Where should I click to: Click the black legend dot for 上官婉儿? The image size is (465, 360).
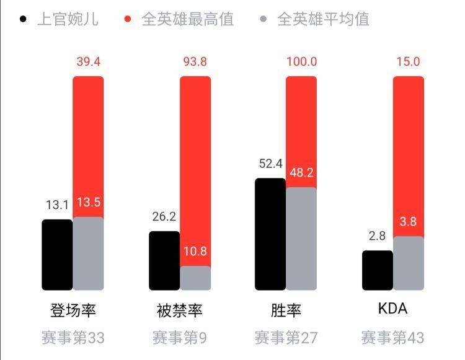[x=23, y=19]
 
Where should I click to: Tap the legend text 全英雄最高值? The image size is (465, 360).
[x=187, y=19]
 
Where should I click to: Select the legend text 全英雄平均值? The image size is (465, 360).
[x=323, y=19]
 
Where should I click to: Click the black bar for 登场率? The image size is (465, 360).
[x=57, y=255]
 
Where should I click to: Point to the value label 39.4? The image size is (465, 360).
[x=89, y=61]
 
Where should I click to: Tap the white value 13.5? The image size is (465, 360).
[x=89, y=203]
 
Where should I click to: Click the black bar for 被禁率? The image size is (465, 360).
[x=164, y=261]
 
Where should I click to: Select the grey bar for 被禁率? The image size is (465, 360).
[x=195, y=278]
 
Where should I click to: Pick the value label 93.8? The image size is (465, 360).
[x=195, y=61]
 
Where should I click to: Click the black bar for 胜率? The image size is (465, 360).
[x=270, y=234]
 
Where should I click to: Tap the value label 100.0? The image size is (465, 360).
[x=301, y=61]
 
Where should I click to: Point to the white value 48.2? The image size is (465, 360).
[x=301, y=172]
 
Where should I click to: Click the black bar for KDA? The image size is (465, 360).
[x=378, y=270]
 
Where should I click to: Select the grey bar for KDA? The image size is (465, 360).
[x=409, y=263]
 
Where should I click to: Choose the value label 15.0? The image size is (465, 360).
[x=409, y=61]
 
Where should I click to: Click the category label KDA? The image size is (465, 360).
[x=392, y=309]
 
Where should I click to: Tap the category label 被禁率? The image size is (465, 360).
[x=179, y=310]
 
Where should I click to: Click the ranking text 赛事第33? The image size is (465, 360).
[x=73, y=338]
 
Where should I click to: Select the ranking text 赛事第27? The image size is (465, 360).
[x=286, y=338]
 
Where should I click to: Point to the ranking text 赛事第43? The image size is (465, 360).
[x=392, y=338]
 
